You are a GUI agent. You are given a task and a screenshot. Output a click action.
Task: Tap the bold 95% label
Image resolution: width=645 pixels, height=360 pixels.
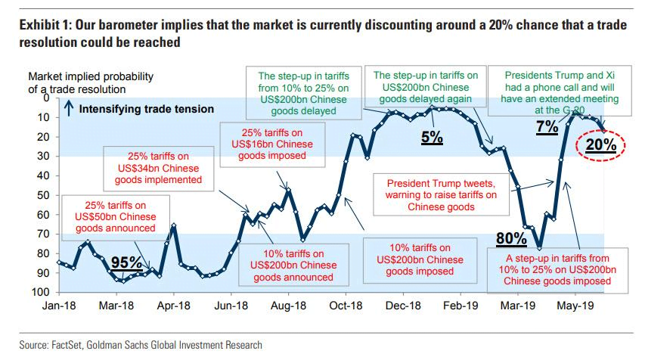coord(127,262)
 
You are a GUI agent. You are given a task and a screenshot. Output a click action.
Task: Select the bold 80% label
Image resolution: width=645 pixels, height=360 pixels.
coord(511,239)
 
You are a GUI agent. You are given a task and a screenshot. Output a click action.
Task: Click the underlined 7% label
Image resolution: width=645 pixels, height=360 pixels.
coord(547,126)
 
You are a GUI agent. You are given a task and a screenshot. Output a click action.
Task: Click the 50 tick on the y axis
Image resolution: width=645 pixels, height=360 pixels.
coord(44,195)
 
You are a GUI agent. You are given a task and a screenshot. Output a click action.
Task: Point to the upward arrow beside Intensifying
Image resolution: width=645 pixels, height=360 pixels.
coord(69,110)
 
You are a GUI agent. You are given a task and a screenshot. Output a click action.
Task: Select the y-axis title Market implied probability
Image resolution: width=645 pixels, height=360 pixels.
coord(90,82)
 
